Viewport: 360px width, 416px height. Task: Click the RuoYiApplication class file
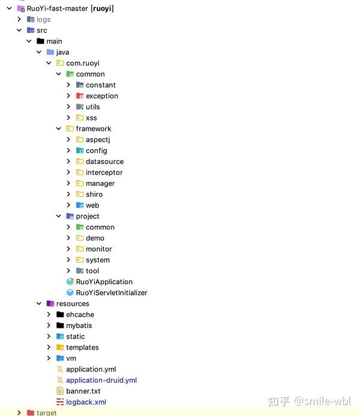[x=104, y=282]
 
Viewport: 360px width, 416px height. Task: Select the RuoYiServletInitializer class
[x=112, y=293]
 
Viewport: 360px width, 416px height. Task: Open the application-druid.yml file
[x=101, y=380]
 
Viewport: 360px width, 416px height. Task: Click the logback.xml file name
[x=86, y=402]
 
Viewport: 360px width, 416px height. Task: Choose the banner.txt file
[x=83, y=391]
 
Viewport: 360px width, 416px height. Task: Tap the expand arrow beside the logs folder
[x=19, y=19]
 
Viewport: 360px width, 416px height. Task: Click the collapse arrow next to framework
[x=59, y=129]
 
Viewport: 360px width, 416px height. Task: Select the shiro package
[x=94, y=194]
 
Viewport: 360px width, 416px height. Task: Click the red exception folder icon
[x=80, y=96]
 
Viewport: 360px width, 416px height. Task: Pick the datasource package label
[x=104, y=162]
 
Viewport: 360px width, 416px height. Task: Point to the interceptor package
[x=104, y=173]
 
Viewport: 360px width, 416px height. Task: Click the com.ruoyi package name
[x=83, y=63]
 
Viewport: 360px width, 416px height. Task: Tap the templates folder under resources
[x=82, y=347]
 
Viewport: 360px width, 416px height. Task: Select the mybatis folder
[x=79, y=325]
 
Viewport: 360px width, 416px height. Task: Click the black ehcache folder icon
[x=60, y=314]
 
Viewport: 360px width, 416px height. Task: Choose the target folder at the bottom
[x=46, y=412]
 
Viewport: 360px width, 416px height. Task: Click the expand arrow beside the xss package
[x=68, y=117]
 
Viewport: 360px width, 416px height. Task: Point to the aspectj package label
[x=98, y=140]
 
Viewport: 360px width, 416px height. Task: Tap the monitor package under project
[x=99, y=249]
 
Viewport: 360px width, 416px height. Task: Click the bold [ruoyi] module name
[x=102, y=8]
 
